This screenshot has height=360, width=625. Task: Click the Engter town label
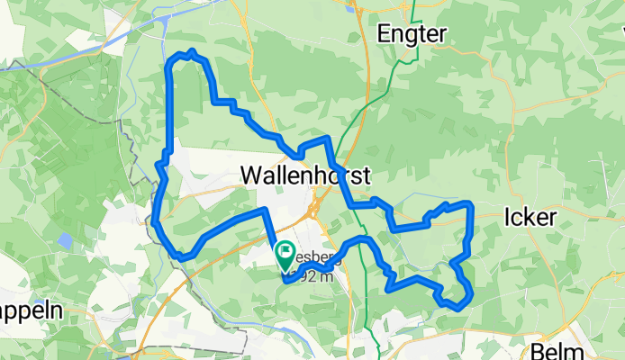click(411, 33)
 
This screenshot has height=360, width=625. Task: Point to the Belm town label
click(559, 351)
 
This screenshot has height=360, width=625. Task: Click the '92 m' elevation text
click(317, 277)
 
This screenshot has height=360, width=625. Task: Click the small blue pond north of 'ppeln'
click(64, 241)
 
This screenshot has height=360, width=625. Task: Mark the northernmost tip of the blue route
click(192, 52)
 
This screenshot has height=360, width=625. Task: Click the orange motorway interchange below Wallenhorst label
click(313, 210)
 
